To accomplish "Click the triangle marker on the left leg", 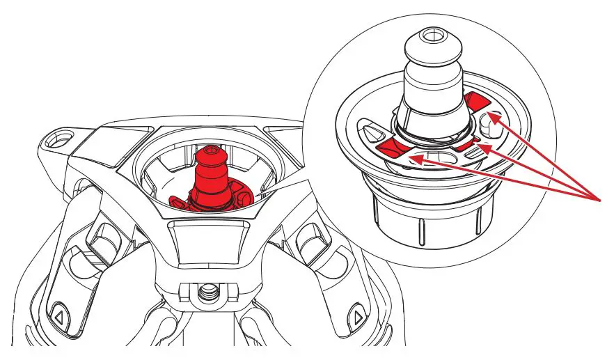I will point(58,317).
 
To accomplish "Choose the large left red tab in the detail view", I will point(393,144).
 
